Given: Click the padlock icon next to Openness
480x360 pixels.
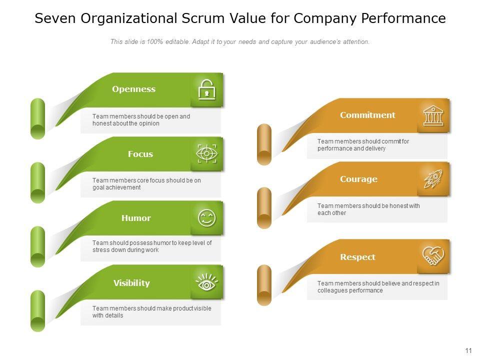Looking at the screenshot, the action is coord(206,90).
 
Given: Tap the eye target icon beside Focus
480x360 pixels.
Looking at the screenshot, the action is coord(206,154).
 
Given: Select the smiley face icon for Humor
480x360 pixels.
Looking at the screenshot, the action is coord(206,218).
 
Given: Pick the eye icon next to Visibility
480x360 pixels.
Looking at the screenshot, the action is coord(206,283).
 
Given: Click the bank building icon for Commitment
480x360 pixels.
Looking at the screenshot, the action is coord(433,115).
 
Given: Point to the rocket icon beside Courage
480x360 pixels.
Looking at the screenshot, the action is coord(433,179).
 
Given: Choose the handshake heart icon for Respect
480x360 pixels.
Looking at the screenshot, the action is coord(433,256).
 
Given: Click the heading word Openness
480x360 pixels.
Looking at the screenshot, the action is coord(133,89).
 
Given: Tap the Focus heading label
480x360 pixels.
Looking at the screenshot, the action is coord(140,154).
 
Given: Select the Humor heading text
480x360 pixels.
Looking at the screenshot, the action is coord(136,218).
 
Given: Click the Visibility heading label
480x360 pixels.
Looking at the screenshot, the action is coord(131,283).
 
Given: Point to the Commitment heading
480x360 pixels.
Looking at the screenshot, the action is coord(367,115).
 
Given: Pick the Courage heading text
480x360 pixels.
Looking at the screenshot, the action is coord(358,179).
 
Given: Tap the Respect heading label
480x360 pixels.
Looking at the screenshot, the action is coord(357,257).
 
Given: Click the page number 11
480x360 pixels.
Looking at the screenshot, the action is coord(468,350).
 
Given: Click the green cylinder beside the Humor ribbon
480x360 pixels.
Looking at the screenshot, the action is coord(37,246).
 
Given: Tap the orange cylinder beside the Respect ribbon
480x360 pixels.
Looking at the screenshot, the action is coord(264,285).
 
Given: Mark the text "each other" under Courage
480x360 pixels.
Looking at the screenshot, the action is coord(331,213).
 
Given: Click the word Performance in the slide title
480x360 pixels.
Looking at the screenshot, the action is coord(403,19).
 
